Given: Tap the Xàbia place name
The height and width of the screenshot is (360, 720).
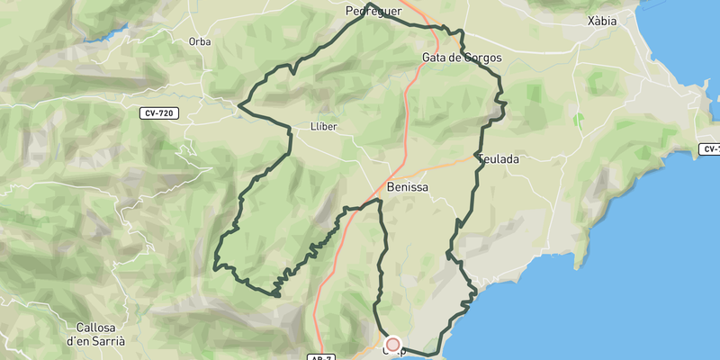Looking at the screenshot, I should coord(601,21).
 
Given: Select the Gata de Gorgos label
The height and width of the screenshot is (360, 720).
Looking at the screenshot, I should coord(461,58).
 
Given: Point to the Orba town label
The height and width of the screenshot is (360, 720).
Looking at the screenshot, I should coord(200,41).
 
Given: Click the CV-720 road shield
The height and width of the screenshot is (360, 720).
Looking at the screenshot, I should coord(158,113).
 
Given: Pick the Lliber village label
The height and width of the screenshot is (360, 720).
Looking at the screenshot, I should coord(322,127).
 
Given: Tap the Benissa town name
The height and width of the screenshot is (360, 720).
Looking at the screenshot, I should coord(407,187).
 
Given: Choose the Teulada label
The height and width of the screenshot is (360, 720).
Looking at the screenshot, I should coord(500,158).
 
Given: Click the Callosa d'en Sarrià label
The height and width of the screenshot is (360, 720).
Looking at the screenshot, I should coord(95,336).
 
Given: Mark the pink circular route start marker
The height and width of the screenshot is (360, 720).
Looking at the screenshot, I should coord(392,344).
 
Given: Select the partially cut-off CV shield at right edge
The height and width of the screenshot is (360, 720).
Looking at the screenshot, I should coord(711,148).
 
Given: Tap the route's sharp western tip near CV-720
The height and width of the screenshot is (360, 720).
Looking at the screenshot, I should coord(238,107).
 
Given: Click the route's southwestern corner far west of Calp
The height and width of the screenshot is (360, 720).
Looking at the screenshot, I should coord(215,267).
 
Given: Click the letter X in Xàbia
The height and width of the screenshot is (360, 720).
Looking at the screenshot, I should coord(589,21).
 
